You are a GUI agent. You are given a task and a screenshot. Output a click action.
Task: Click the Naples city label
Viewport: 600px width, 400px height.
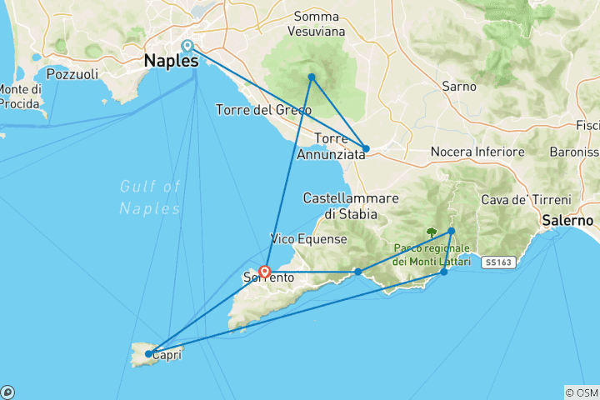(171, 61)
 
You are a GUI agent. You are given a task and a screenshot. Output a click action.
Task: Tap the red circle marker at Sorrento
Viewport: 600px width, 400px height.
(264, 272)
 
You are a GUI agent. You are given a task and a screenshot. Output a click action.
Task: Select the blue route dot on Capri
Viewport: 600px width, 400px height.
(148, 354)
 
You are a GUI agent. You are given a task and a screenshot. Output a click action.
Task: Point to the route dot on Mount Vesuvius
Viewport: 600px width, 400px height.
(311, 77)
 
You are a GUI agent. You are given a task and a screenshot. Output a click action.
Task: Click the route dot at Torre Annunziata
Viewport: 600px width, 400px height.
(366, 148)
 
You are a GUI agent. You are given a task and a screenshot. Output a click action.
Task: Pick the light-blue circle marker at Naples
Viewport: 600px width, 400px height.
(187, 46)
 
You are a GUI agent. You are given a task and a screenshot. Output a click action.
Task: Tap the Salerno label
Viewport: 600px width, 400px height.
(567, 221)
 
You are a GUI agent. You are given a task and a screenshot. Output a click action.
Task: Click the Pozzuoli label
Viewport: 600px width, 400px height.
(73, 74)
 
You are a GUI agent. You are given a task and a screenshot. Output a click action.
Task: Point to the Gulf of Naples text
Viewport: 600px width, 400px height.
(149, 197)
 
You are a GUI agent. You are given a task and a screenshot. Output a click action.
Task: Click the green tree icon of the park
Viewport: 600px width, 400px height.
(432, 233)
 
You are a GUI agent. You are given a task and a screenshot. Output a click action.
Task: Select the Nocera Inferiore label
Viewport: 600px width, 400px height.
(477, 152)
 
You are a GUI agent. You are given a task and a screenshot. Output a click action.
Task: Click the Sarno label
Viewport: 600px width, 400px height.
(458, 86)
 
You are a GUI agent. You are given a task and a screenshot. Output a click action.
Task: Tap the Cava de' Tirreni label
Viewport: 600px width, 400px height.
(526, 201)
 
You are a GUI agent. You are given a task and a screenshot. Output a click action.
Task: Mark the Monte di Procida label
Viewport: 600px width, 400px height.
(20, 96)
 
